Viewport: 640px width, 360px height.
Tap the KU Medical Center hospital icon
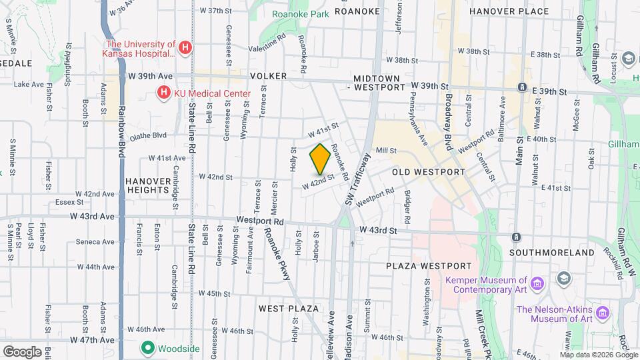[x=163, y=93]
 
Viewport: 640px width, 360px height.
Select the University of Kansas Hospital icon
[x=186, y=48]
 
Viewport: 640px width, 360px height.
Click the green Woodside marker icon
[x=147, y=347]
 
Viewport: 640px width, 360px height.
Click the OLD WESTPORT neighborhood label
[x=428, y=172]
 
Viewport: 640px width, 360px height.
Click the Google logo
[x=22, y=351]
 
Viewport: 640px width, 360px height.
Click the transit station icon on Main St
[x=516, y=237]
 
